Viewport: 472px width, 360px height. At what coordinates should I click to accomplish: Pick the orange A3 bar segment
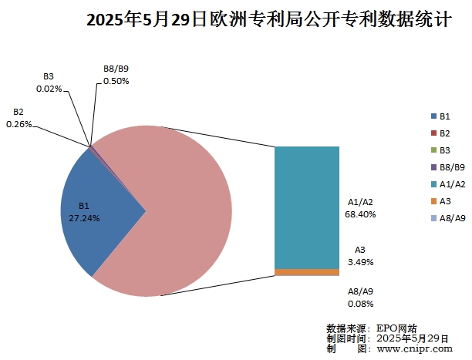(306, 272)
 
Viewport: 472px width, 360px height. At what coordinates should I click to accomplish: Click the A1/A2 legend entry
(447, 184)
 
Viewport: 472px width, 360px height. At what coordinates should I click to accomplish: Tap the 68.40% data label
(360, 214)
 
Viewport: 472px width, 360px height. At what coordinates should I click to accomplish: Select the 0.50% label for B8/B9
(116, 81)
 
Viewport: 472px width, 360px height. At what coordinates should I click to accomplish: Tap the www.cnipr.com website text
(414, 348)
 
